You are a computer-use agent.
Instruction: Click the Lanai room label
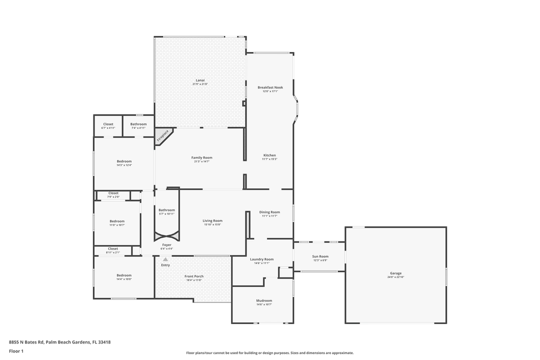(200, 80)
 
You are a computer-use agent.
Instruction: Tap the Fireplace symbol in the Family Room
(163, 135)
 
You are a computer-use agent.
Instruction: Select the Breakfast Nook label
(270, 87)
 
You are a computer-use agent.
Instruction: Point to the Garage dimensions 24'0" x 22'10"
(395, 276)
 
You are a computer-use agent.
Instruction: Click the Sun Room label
(320, 256)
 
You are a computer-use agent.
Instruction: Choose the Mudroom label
(264, 300)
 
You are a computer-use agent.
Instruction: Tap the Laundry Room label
(262, 259)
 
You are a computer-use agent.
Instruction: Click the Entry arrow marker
(165, 259)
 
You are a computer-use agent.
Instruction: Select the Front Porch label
(193, 276)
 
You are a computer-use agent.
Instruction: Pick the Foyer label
(166, 245)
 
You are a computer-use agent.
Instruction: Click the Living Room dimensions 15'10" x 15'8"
(212, 224)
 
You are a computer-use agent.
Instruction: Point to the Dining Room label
(269, 212)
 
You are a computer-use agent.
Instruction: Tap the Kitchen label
(269, 155)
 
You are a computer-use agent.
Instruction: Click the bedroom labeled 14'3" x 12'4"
(124, 161)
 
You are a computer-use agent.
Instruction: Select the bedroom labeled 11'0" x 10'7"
(117, 221)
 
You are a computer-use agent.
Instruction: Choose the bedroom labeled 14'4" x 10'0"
(124, 275)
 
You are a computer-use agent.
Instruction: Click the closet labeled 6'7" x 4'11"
(108, 124)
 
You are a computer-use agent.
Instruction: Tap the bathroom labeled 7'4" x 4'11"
(138, 124)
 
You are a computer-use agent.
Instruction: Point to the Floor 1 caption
(16, 351)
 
